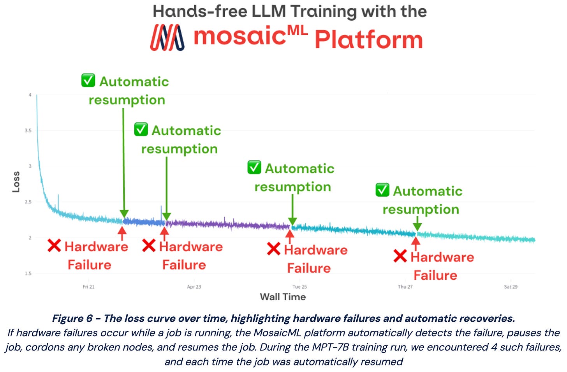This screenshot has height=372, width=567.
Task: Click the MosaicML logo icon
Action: point(167,37)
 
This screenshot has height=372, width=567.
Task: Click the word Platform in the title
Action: point(368,39)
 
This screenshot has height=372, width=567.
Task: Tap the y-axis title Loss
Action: point(16,182)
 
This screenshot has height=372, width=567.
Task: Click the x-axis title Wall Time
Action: point(283,297)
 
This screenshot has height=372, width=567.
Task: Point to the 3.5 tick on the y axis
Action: point(28,130)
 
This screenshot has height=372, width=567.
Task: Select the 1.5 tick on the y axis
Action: point(28,273)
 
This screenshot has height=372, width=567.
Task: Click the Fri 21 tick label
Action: point(88,287)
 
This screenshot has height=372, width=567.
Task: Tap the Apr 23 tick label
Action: point(194,287)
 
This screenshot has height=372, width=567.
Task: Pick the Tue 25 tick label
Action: point(299,287)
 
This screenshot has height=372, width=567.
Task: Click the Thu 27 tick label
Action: point(405,287)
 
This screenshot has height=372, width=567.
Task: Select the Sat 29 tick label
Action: point(511,287)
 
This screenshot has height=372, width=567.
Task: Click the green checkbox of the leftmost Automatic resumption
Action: point(88,81)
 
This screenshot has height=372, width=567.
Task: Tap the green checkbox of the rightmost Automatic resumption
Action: point(382,190)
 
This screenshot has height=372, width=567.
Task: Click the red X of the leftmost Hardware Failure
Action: point(54,246)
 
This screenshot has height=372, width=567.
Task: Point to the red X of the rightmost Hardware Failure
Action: point(400,256)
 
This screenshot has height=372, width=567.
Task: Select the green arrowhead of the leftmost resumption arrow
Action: point(124,214)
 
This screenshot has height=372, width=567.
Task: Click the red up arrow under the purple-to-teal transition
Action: point(289,236)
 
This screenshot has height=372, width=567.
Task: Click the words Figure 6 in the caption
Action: point(72,319)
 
